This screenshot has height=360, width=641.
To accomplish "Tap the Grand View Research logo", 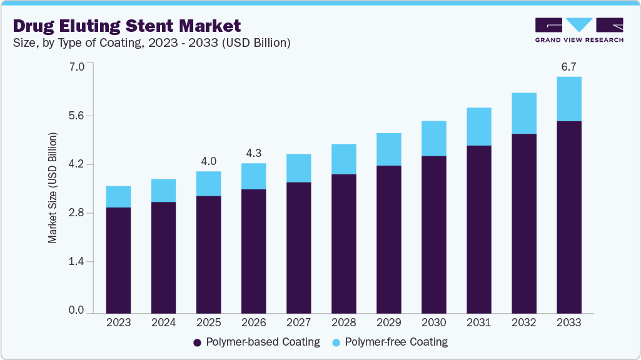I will pyautogui.click(x=579, y=30).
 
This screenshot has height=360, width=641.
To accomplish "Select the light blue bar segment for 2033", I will pyautogui.click(x=569, y=99).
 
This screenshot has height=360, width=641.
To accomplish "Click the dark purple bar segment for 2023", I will pyautogui.click(x=118, y=260).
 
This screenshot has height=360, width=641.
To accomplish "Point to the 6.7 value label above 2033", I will pyautogui.click(x=568, y=66).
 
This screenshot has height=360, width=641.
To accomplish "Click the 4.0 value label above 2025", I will pyautogui.click(x=208, y=161).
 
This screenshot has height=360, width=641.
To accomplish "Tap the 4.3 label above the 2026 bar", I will pyautogui.click(x=253, y=152).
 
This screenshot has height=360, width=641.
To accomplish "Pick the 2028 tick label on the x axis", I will pyautogui.click(x=343, y=323).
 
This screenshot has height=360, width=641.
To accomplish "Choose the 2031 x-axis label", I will pyautogui.click(x=478, y=323).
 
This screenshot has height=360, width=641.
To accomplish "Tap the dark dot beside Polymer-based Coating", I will pyautogui.click(x=198, y=342).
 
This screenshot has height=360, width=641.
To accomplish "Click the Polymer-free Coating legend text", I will pyautogui.click(x=396, y=342).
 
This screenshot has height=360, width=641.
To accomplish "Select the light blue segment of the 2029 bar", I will pyautogui.click(x=388, y=149).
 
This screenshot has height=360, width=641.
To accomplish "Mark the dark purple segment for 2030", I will pyautogui.click(x=433, y=234).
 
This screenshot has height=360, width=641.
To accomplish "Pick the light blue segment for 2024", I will pyautogui.click(x=163, y=191).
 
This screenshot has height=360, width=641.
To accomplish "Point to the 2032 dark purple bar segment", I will pyautogui.click(x=524, y=223).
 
